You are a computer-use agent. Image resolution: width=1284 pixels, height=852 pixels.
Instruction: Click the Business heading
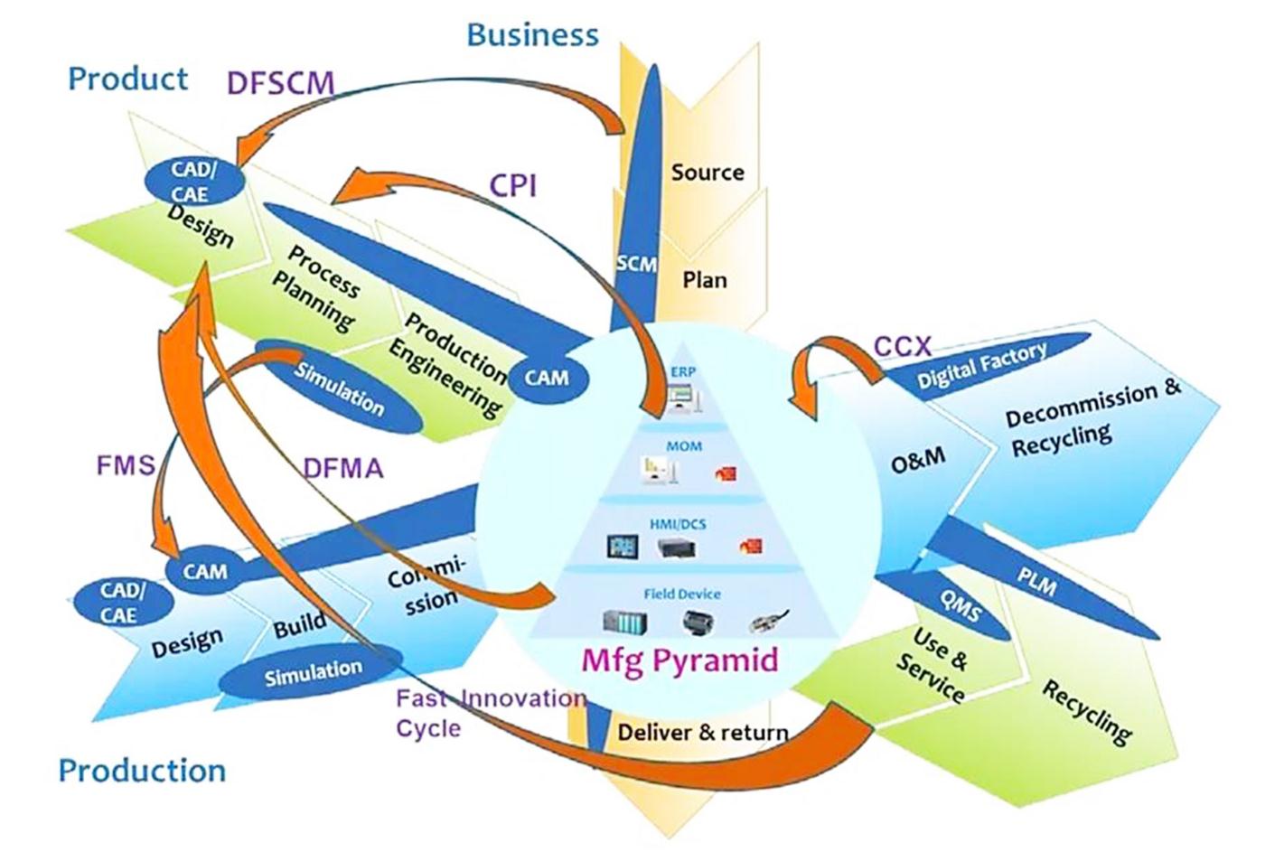[x=532, y=34]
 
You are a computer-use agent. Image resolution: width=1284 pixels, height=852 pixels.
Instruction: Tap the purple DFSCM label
[x=280, y=83]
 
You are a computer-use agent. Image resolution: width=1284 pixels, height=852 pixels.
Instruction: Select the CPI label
[x=513, y=185]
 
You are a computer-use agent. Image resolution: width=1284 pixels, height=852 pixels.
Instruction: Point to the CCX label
[x=902, y=346]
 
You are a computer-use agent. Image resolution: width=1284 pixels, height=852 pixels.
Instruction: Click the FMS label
[x=126, y=466]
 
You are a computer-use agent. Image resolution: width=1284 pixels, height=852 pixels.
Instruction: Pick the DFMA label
[x=342, y=468]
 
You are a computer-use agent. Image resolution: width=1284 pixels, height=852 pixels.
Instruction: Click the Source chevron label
[x=707, y=172]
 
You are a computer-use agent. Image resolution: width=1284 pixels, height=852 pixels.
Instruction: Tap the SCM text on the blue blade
[x=636, y=263]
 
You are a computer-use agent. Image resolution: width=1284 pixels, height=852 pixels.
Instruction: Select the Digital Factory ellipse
[x=982, y=364]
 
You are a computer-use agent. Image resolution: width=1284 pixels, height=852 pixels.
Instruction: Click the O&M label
[x=918, y=461]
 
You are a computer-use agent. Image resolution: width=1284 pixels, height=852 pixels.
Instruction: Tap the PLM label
[x=1036, y=585]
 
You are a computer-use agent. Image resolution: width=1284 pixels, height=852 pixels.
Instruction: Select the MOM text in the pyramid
[x=684, y=446]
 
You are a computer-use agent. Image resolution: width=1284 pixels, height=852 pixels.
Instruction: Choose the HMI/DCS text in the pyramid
[x=678, y=524]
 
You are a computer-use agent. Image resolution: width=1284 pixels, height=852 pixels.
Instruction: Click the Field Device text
[x=682, y=594]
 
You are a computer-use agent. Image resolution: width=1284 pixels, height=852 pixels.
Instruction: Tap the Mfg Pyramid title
[x=679, y=660]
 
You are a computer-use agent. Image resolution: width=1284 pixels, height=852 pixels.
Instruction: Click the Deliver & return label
[x=702, y=732]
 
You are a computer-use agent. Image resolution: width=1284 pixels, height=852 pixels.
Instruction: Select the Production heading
[x=142, y=771]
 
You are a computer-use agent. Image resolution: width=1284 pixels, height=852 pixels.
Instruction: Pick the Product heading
[x=127, y=79]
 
